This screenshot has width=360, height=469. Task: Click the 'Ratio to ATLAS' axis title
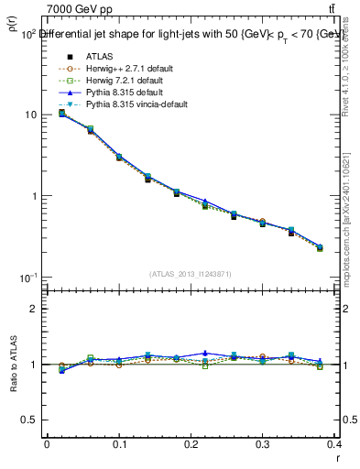[12, 365]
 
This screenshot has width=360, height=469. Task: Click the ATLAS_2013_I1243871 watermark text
[191, 274]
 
